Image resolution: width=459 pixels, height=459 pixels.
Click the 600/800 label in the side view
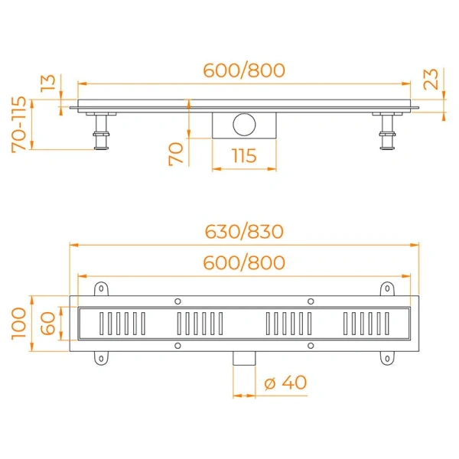[x=244, y=70]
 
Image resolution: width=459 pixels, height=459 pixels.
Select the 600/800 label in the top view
[x=244, y=263]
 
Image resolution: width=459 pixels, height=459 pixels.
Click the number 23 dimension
[x=432, y=80]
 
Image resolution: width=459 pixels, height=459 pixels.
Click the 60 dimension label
[x=47, y=324]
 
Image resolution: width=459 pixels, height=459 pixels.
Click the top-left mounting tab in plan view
[x=100, y=289]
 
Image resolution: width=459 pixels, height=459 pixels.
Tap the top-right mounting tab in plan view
[x=387, y=289]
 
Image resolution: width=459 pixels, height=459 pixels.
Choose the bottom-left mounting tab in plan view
[x=100, y=357]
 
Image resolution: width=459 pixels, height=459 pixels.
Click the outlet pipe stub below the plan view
[x=243, y=359]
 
